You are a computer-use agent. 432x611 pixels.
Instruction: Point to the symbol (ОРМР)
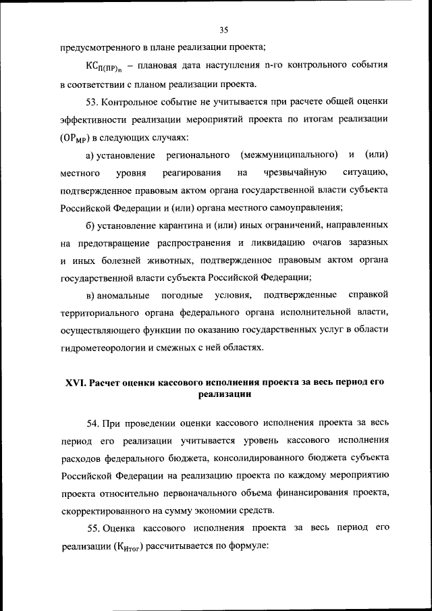(80, 138)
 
